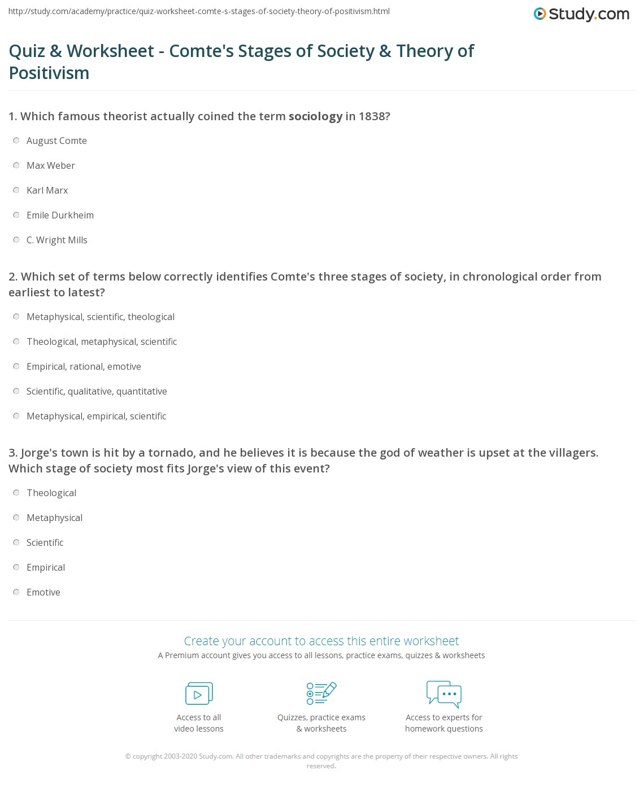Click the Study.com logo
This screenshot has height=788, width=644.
[581, 14]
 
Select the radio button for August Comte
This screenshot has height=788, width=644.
[16, 141]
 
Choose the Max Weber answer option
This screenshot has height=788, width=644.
[51, 165]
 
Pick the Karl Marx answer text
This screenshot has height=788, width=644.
[47, 190]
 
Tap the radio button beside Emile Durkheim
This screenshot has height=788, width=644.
[16, 215]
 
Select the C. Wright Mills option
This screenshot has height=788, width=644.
[57, 240]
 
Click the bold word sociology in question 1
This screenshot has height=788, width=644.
[315, 116]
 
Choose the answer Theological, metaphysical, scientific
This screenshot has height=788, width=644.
[102, 342]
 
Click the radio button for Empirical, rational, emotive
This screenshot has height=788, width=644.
[16, 366]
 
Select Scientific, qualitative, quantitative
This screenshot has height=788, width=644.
[97, 391]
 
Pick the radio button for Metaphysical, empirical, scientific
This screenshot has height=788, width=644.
[16, 416]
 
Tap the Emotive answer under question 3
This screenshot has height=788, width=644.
[43, 592]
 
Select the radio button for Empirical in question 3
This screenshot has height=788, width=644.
[16, 567]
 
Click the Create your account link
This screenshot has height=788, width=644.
[321, 641]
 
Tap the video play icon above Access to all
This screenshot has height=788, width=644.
[199, 694]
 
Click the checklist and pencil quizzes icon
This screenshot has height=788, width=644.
[321, 693]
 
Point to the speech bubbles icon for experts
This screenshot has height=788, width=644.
[444, 694]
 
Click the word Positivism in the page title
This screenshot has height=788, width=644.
[49, 73]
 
